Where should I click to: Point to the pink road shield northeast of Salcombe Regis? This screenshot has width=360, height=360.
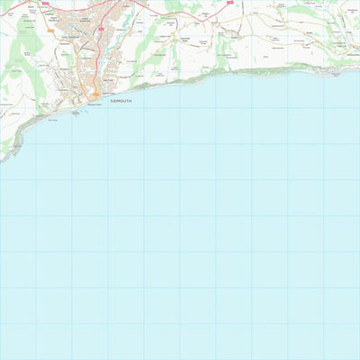point(229,4)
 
